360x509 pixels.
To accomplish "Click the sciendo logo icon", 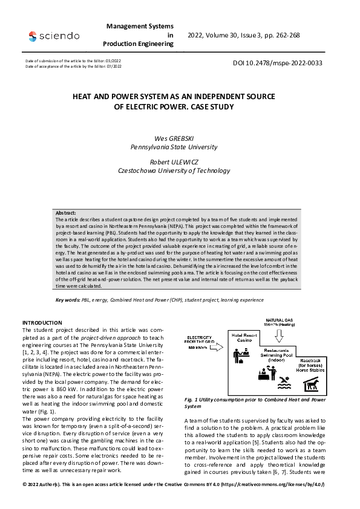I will [32, 36].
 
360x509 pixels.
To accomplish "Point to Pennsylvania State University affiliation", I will [174, 146].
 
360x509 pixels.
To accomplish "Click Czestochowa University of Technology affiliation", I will [175, 170].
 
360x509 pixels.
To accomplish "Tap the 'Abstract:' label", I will [67, 213].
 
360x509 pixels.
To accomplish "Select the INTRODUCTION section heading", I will [42, 323].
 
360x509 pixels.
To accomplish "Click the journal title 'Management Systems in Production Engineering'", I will [139, 35].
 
